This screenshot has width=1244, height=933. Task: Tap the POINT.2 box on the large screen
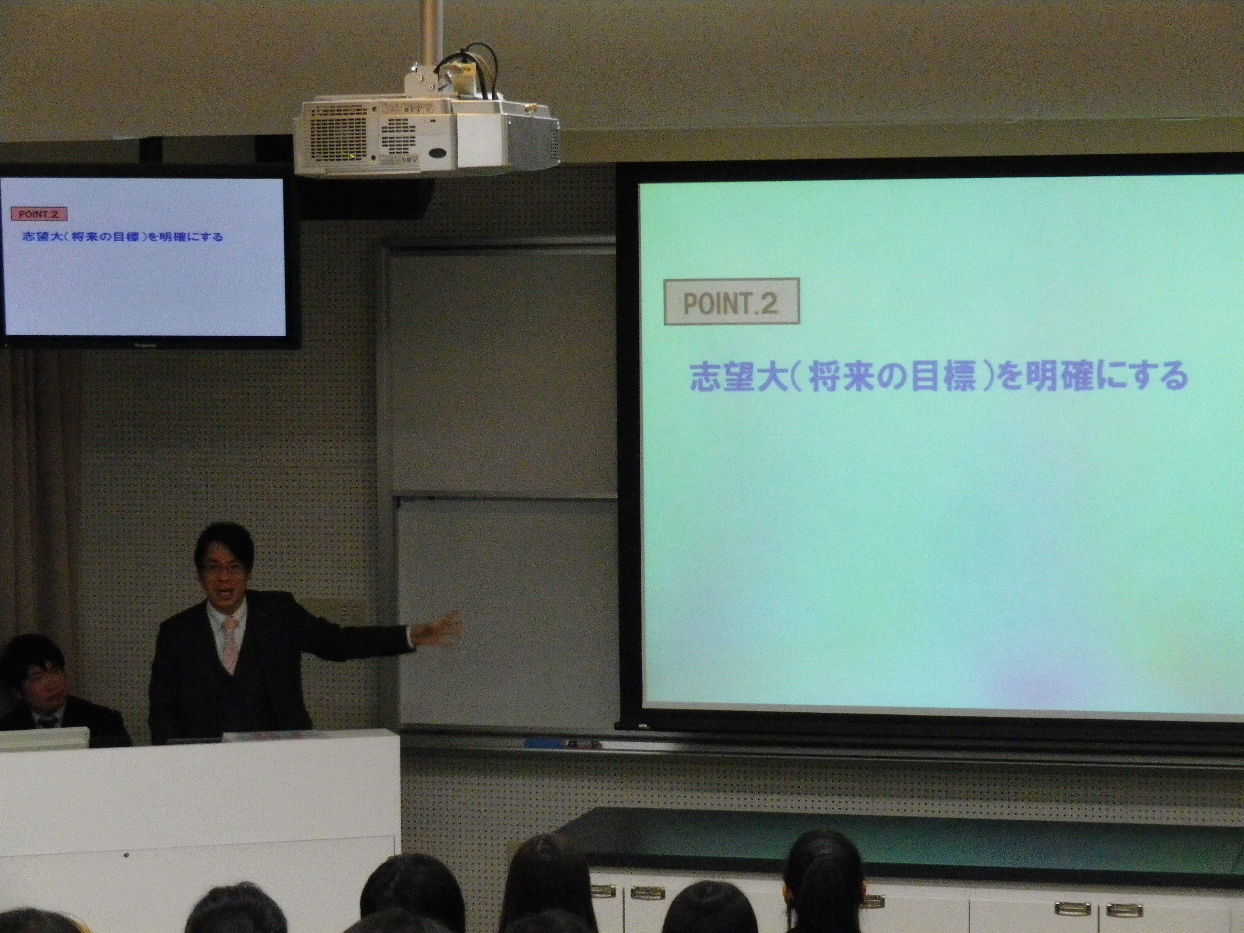pos(731,302)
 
